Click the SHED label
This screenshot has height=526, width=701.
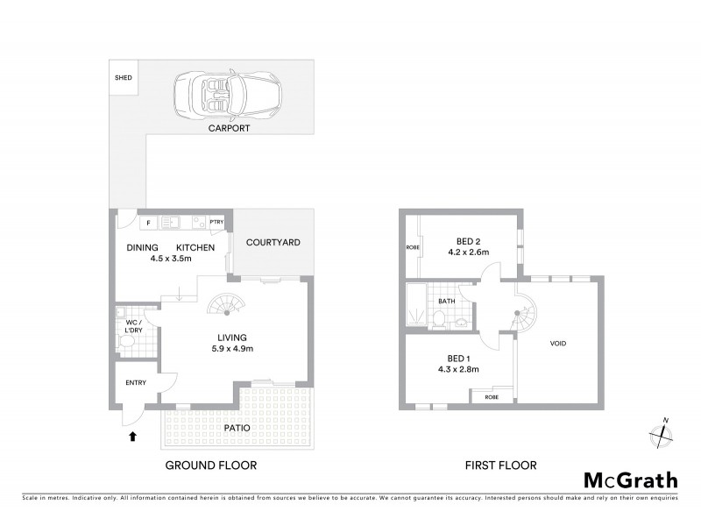coord(123,78)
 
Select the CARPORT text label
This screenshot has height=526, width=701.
coord(229,128)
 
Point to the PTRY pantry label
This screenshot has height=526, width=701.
coord(216,222)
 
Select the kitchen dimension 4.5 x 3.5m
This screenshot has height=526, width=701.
coord(171,259)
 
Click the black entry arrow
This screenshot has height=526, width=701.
coord(132,434)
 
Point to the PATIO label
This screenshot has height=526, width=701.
coord(236,428)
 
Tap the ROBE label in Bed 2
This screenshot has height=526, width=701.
coord(413,247)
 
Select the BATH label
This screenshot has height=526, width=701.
coord(447,302)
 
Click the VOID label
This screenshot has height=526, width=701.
coord(557,343)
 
